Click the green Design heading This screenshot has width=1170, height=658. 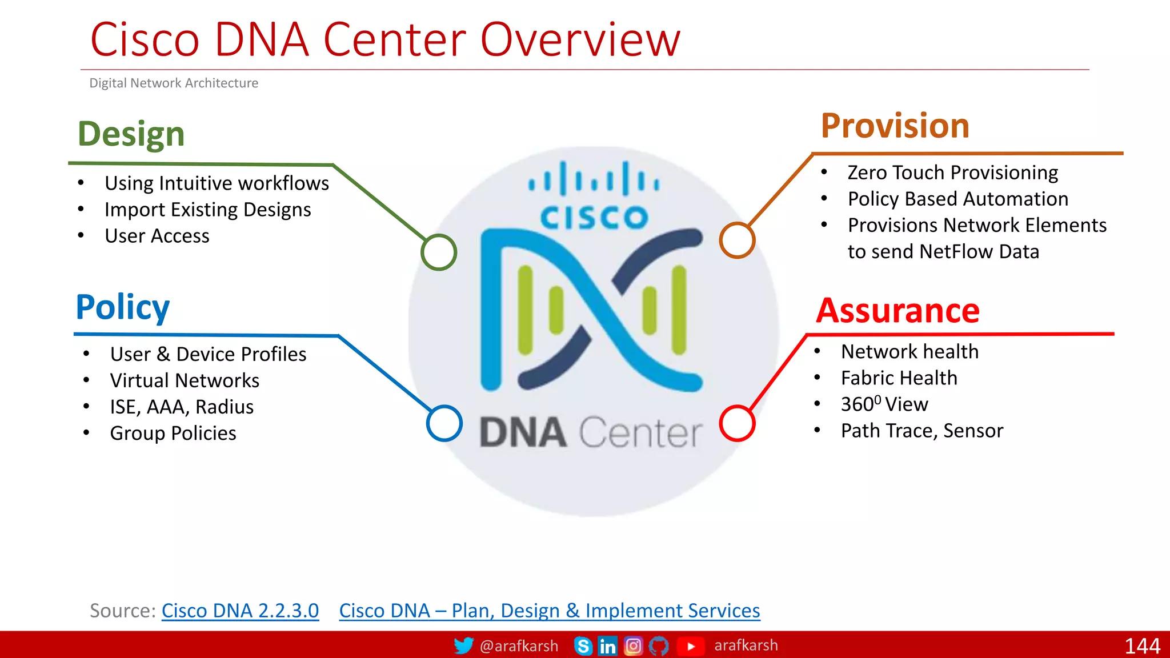click(131, 134)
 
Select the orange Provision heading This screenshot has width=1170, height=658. click(895, 126)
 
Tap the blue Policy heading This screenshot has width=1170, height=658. click(122, 307)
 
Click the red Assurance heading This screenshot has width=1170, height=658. click(897, 311)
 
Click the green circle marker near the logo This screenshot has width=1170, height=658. click(439, 252)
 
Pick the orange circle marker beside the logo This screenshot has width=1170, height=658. click(737, 240)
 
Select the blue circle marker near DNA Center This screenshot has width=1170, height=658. click(444, 423)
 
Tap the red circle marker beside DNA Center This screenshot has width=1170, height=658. click(737, 423)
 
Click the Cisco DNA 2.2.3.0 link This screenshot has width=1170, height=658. click(240, 611)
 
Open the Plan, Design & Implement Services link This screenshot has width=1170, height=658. click(549, 611)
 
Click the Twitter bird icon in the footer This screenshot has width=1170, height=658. click(463, 645)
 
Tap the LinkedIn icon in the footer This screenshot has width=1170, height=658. click(607, 646)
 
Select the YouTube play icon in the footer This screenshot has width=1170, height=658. click(691, 646)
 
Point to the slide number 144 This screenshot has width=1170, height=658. click(1141, 646)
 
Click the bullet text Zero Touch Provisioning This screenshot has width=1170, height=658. click(952, 172)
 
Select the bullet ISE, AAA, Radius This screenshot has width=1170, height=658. click(182, 407)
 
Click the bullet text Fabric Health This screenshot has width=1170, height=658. click(899, 378)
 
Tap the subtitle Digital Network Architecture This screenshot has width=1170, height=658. click(174, 83)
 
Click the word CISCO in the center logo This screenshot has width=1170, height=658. click(594, 218)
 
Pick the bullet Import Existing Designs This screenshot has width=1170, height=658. click(207, 210)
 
